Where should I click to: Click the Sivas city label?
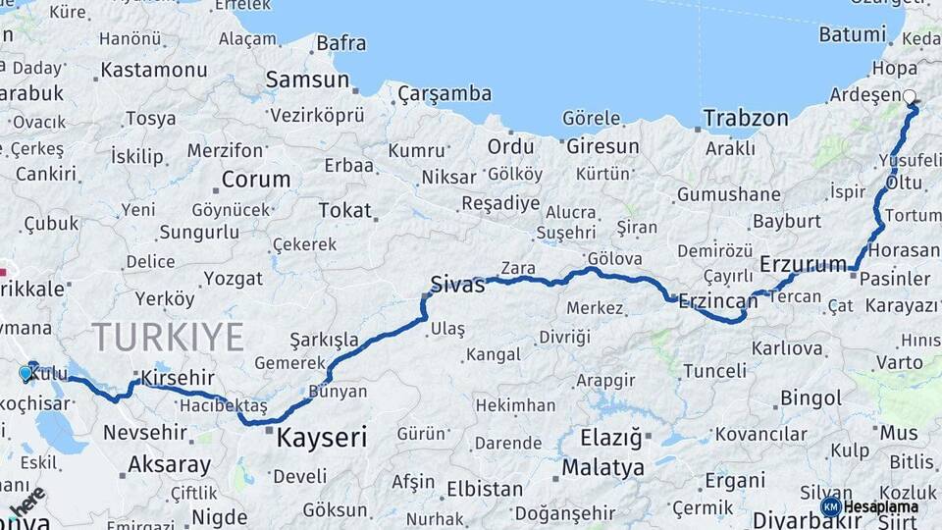[457, 286]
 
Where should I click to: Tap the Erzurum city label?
[803, 264]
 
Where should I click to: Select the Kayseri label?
[322, 437]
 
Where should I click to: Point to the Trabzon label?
[746, 119]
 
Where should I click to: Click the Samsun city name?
[307, 80]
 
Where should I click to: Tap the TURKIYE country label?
[168, 337]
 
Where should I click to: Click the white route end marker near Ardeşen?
[910, 97]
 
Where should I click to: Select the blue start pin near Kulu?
[26, 373]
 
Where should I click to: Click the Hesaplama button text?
[881, 506]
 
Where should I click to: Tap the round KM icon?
[830, 506]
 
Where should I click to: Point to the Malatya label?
[602, 467]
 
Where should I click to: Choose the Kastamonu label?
[154, 70]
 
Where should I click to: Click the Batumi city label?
[853, 34]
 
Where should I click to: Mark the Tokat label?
[344, 210]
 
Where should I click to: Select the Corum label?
[256, 180]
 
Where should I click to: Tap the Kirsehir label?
[178, 378]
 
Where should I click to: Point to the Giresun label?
[602, 146]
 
